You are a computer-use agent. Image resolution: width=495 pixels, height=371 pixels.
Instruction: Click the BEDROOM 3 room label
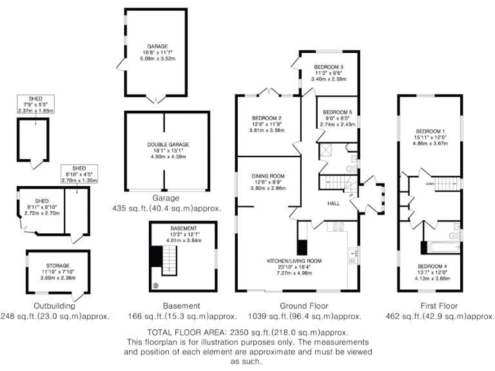[328, 67]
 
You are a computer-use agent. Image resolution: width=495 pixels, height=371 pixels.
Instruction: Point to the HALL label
[333, 202]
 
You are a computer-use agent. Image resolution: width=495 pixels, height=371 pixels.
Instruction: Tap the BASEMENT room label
[180, 228]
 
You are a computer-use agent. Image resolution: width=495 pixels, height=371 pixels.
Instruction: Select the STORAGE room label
[58, 265]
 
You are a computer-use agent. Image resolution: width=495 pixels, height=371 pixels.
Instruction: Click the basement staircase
[169, 260]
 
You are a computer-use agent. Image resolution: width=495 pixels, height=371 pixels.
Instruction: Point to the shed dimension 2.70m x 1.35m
[78, 182]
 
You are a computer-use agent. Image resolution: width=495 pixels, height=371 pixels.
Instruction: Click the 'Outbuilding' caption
[55, 306]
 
